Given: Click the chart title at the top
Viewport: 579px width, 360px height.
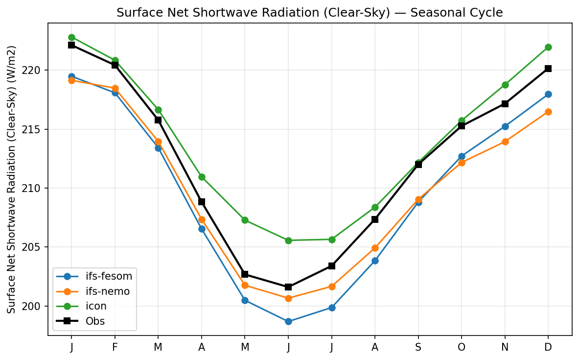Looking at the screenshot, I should [309, 13].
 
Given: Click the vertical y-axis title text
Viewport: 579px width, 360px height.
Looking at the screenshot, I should [12, 179].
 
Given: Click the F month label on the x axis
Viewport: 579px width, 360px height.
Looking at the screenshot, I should [115, 347].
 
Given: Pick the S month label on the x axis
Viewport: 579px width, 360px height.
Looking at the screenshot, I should [418, 347].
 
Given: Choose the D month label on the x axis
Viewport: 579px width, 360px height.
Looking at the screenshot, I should [548, 347].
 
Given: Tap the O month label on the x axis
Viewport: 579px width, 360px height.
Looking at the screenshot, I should [461, 347].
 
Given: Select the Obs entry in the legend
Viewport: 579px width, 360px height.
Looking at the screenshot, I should [95, 321].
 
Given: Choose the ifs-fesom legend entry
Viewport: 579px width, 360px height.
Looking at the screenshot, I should [106, 276].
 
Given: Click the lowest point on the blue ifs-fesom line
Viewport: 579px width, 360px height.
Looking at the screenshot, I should [288, 322].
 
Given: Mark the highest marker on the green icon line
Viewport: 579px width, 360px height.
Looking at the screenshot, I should [71, 37].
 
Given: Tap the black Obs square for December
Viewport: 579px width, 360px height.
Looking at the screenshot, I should [548, 69].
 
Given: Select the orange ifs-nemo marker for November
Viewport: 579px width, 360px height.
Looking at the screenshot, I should [505, 142].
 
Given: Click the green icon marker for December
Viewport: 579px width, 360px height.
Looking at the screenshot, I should [548, 47].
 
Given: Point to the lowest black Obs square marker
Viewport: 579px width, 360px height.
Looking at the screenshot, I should [288, 287].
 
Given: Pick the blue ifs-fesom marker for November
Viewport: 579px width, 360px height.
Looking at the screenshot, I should [505, 126].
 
